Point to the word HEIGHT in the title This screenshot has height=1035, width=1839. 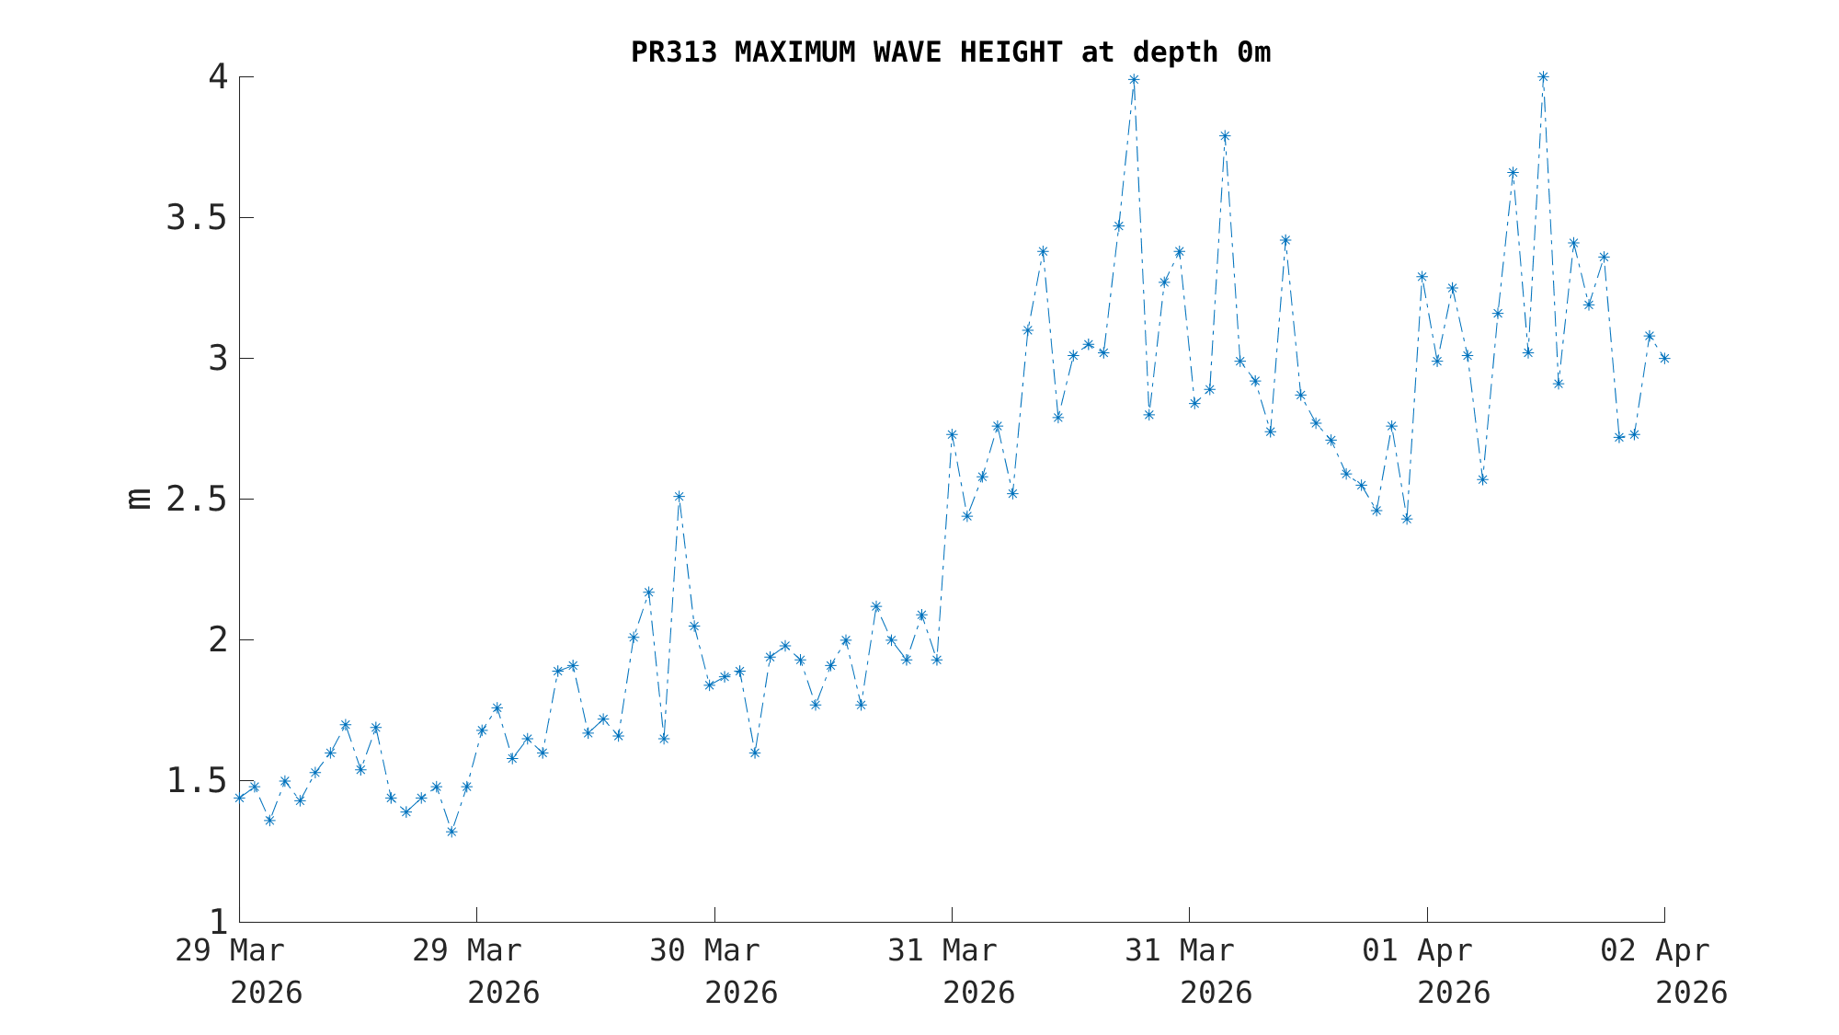[1011, 52]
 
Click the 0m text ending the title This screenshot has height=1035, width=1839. [1253, 52]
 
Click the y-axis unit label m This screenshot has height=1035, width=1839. [139, 499]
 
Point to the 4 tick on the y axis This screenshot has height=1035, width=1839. [218, 77]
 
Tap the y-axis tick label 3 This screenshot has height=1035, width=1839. [218, 359]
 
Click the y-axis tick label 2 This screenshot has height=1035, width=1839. [218, 640]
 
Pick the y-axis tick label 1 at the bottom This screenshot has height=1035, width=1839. [218, 922]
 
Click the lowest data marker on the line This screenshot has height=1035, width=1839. [451, 832]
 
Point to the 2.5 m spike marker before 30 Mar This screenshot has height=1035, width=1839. [679, 497]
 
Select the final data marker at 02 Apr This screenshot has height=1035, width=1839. [1664, 358]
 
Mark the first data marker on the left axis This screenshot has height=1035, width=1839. [239, 798]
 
